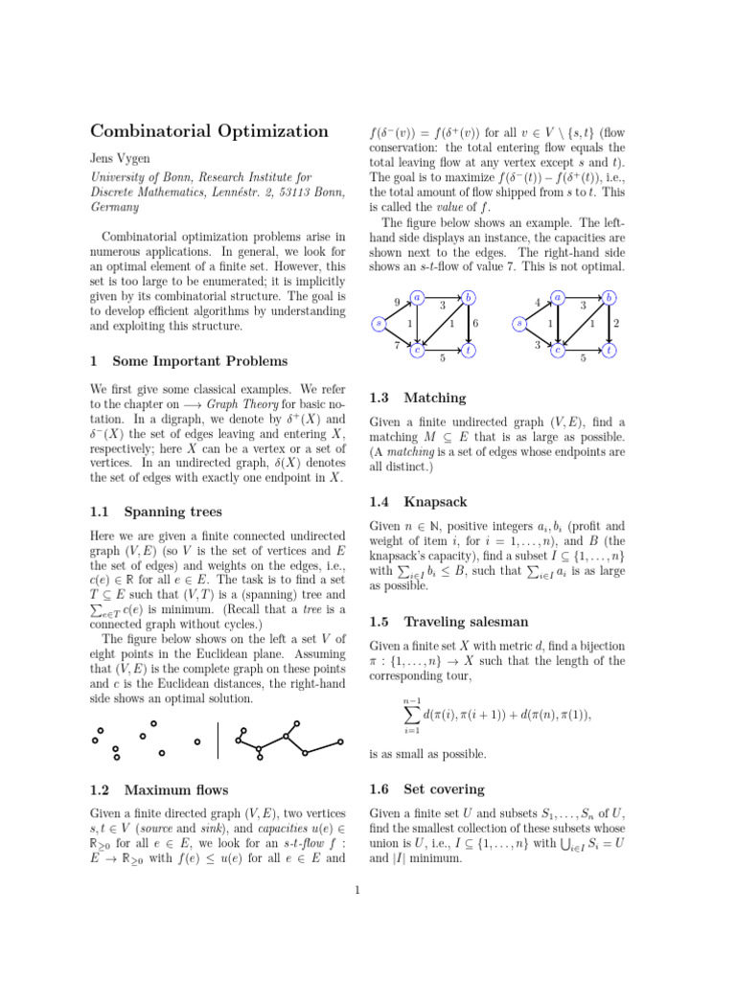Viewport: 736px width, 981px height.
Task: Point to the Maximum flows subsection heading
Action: tap(175, 790)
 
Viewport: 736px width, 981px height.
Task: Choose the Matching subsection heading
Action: tap(435, 398)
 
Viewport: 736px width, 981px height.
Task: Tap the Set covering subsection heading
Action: tap(444, 790)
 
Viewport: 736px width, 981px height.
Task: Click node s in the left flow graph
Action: tap(379, 324)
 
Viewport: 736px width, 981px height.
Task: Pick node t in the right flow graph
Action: tap(610, 351)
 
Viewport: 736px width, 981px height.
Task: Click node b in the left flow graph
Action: tap(468, 298)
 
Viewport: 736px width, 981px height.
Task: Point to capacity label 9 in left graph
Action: tap(398, 305)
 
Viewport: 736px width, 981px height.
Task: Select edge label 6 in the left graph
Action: tap(475, 324)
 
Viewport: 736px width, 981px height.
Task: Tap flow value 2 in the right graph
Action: tap(616, 324)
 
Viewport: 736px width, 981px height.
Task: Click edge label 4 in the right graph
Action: tap(537, 305)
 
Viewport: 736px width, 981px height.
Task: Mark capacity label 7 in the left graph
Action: tap(397, 344)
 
